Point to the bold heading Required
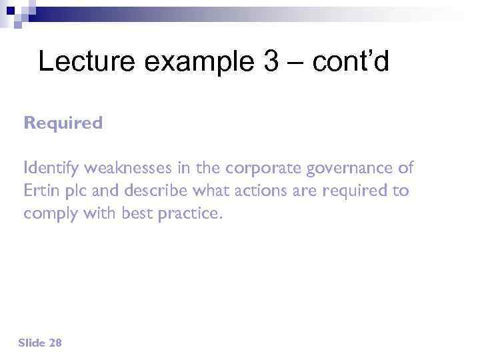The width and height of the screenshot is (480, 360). (x=63, y=123)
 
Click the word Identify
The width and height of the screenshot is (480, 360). (x=49, y=167)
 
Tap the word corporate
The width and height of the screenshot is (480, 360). (x=265, y=167)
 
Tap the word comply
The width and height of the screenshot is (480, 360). (x=48, y=215)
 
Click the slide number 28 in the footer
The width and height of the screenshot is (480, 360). (x=55, y=343)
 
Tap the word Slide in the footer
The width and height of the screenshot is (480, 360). (x=32, y=343)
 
